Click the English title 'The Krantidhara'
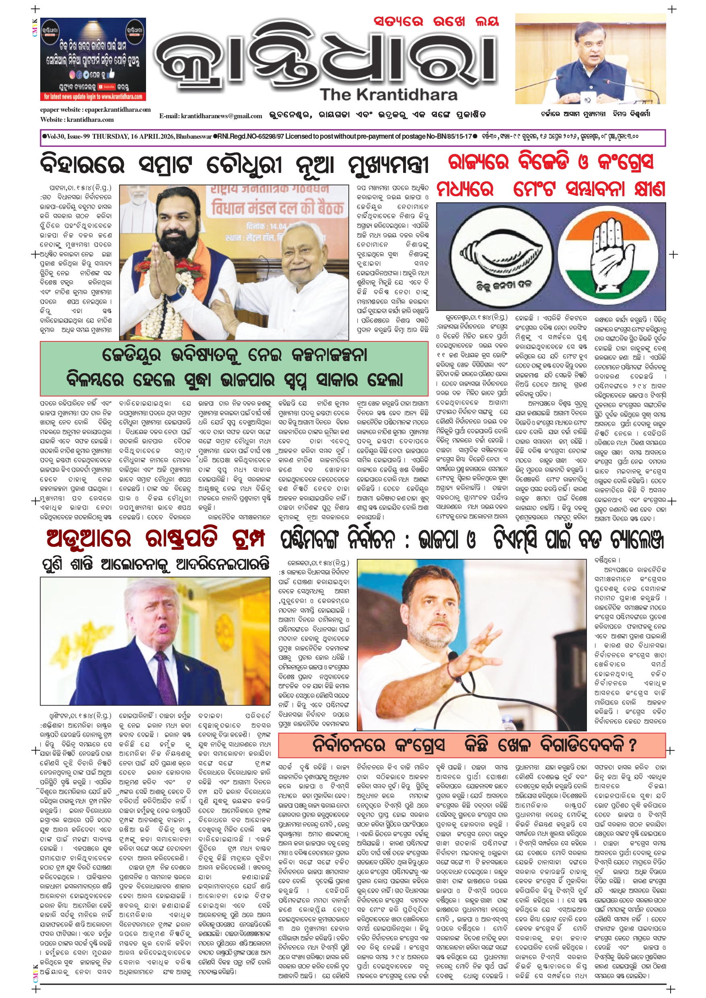(389, 94)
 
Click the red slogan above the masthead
(436, 22)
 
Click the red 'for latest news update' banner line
(93, 96)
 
